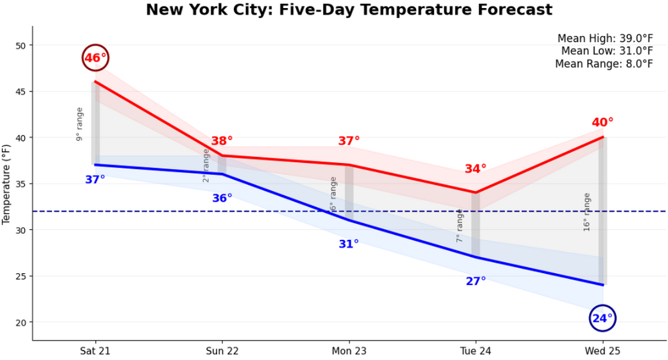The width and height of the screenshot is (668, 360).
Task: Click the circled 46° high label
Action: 95,58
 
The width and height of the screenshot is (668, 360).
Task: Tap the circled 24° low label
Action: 603,319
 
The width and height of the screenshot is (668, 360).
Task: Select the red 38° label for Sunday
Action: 222,141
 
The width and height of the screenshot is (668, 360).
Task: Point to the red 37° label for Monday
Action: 349,141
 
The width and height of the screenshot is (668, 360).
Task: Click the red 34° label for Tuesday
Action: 476,169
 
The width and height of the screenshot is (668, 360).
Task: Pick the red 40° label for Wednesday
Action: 603,122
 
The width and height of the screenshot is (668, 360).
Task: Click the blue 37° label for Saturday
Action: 95,179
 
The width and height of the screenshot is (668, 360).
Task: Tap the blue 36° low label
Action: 222,198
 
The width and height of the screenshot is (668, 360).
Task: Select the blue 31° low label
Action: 349,244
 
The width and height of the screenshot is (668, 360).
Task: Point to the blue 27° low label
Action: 476,281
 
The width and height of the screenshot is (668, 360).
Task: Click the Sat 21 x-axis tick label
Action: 95,351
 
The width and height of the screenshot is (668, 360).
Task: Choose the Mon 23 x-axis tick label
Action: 349,351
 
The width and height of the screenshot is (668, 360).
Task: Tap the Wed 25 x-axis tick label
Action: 603,351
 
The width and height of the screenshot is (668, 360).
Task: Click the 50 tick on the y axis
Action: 20,45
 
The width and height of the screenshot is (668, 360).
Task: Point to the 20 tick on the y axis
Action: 20,323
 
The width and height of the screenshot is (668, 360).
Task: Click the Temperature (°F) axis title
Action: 7,184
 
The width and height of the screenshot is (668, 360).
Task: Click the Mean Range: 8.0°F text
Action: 604,63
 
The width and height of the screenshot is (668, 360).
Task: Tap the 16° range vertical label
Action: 587,212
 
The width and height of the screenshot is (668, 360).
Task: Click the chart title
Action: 349,10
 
